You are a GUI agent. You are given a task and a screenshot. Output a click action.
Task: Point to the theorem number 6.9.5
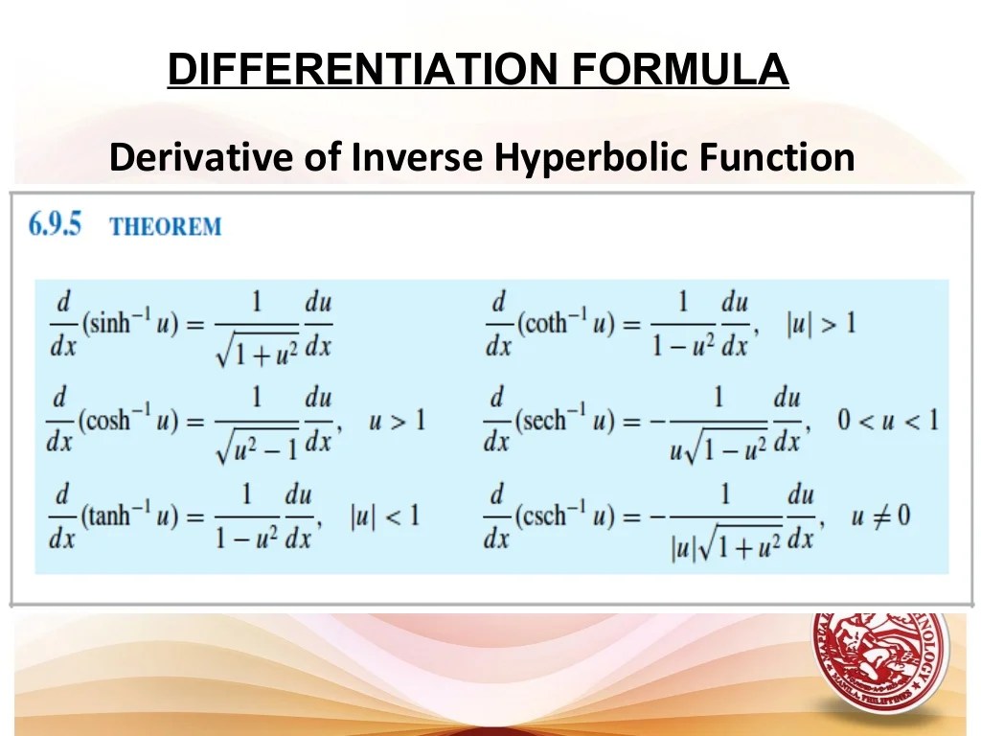pyautogui.click(x=56, y=225)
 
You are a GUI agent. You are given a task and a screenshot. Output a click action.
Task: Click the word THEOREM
pyautogui.click(x=165, y=227)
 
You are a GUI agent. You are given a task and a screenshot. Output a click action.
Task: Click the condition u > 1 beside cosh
pyautogui.click(x=397, y=420)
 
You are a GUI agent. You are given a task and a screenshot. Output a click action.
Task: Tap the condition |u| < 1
pyautogui.click(x=383, y=517)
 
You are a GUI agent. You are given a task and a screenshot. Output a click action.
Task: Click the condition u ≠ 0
pyautogui.click(x=879, y=517)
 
